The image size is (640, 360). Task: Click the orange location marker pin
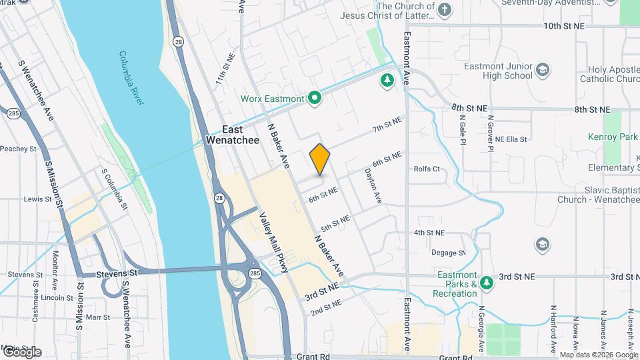click(x=320, y=159)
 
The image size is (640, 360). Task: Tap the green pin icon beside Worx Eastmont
click(x=315, y=99)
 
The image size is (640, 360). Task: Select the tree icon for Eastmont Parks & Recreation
click(x=487, y=282)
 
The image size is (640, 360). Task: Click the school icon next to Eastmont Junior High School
click(x=543, y=69)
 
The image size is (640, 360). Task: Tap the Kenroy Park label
click(x=613, y=137)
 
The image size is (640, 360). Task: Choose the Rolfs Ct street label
click(x=427, y=169)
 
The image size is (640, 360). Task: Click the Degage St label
click(x=448, y=253)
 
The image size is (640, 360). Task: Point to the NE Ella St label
click(x=511, y=139)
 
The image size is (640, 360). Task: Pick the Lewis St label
click(x=33, y=199)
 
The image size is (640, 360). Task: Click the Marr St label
click(x=97, y=317)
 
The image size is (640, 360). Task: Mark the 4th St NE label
click(x=429, y=233)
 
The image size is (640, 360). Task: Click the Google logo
click(x=21, y=352)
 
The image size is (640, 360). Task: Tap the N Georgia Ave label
click(x=481, y=328)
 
